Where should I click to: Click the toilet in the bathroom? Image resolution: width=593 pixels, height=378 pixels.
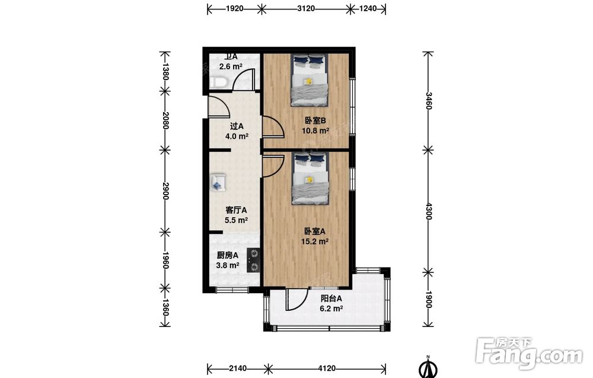(219, 82)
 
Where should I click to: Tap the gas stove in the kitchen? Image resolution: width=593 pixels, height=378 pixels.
(253, 261)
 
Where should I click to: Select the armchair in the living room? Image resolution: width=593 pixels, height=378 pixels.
(218, 182)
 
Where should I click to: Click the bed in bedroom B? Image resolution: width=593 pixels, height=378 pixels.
(310, 80)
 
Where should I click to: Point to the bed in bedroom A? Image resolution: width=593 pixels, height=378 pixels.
(310, 179)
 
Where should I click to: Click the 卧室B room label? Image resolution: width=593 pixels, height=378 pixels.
(315, 120)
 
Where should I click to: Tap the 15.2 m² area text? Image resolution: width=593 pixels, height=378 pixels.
(315, 242)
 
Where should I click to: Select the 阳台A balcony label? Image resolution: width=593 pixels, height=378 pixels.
(331, 298)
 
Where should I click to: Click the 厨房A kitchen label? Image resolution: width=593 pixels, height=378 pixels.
(227, 255)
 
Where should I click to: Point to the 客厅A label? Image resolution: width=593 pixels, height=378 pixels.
(236, 210)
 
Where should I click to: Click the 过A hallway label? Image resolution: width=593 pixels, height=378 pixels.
(237, 126)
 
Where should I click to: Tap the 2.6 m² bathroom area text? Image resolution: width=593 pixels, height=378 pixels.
(231, 66)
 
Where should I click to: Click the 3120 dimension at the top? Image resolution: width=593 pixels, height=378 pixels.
(305, 8)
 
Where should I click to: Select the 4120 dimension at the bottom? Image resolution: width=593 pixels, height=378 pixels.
(326, 368)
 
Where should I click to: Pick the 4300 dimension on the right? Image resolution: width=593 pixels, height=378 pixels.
(428, 211)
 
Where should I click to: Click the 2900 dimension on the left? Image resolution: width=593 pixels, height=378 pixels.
(165, 191)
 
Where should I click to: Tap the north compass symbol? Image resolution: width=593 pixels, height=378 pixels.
(428, 367)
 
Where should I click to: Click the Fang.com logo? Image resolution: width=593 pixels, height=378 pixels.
(530, 353)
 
